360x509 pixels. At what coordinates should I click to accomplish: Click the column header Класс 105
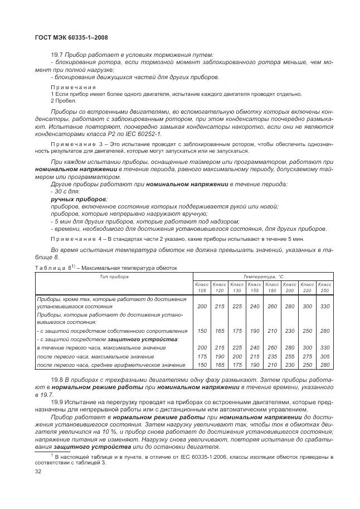(202, 287)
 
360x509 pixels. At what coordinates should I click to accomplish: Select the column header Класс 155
(255, 287)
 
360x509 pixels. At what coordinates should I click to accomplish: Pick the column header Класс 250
(324, 287)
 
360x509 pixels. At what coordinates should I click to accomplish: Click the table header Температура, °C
(263, 277)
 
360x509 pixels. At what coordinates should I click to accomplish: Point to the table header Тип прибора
(114, 277)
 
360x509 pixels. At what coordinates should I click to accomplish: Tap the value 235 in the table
(273, 356)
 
